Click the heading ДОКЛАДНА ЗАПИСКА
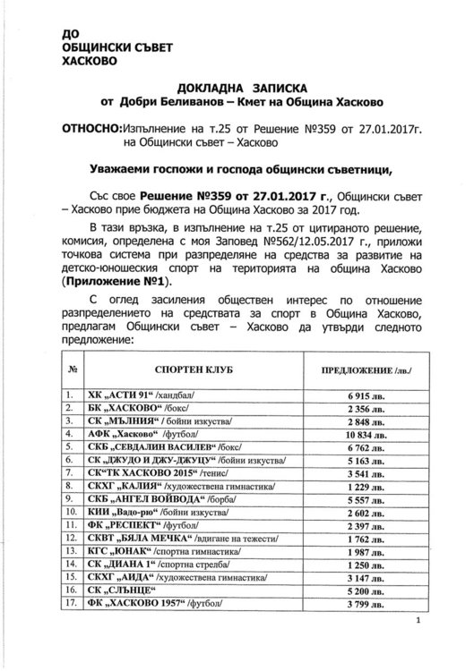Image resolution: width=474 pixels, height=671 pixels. (x=237, y=88)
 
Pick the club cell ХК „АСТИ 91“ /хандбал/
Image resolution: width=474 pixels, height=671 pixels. (x=134, y=395)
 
